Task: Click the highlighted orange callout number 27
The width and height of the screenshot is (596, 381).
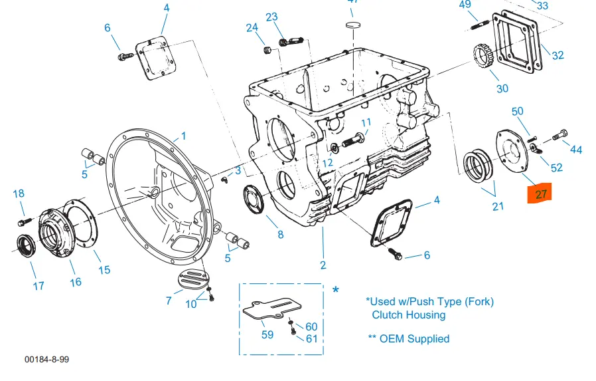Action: (x=541, y=194)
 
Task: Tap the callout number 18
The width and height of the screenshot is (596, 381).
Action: (x=19, y=193)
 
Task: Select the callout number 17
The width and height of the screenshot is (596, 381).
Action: (x=38, y=285)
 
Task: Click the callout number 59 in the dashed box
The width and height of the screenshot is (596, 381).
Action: (x=267, y=334)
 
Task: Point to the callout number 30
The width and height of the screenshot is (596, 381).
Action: (x=502, y=88)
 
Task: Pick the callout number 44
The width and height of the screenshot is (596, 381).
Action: (x=576, y=150)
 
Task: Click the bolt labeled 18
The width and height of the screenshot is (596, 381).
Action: (x=25, y=219)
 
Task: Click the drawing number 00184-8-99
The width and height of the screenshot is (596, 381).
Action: (x=46, y=359)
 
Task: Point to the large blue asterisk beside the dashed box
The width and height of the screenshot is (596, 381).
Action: (x=336, y=290)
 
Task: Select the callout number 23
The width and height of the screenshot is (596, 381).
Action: (x=271, y=17)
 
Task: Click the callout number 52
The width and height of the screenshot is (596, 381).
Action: (x=556, y=168)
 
